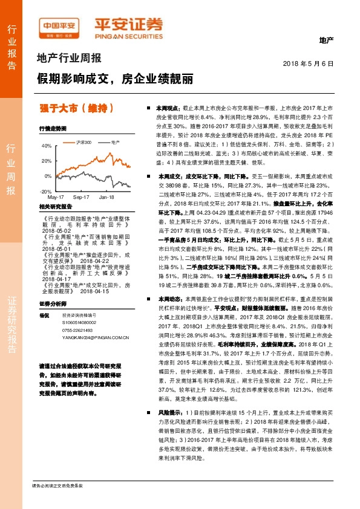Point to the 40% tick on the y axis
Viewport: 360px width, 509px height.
coord(47,146)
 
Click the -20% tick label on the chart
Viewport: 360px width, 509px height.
coord(46,191)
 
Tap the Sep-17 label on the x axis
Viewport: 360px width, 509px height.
coord(81,198)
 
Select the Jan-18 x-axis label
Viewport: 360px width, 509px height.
coord(107,198)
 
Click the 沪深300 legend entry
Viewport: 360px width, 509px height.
coord(82,142)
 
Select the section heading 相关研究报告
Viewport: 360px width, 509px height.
coord(55,207)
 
